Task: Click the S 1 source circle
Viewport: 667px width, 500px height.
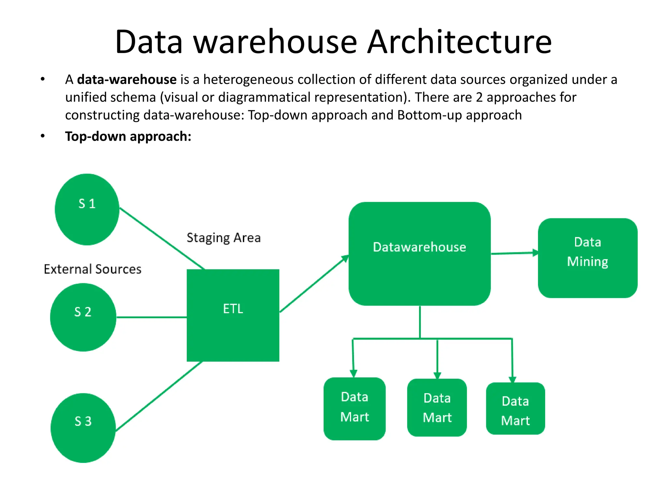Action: [x=87, y=209]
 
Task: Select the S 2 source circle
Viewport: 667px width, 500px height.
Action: [x=83, y=317]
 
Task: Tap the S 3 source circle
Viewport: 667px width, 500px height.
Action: [x=83, y=428]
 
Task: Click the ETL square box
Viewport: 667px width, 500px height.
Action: [x=233, y=315]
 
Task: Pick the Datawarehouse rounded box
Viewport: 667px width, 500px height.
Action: [x=419, y=254]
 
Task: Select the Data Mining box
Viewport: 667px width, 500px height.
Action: [x=588, y=258]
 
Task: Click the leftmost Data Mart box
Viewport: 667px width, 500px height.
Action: [x=354, y=409]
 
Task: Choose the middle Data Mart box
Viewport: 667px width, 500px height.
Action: [x=437, y=408]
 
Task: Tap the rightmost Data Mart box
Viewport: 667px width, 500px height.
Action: [x=515, y=409]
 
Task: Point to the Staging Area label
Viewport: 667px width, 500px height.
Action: [x=223, y=238]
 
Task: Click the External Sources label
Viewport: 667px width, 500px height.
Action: [x=92, y=269]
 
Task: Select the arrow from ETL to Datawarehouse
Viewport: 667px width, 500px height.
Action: [x=313, y=284]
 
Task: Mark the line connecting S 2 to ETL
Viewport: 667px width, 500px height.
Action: [x=151, y=317]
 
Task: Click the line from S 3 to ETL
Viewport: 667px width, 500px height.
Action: [x=159, y=396]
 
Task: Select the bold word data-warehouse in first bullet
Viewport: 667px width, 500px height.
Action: [x=127, y=80]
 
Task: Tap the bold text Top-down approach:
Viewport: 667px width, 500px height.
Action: [x=128, y=136]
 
